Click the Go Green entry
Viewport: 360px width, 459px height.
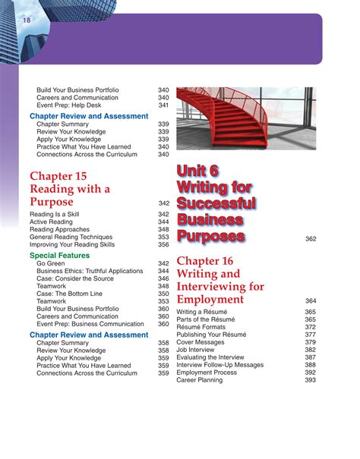52,263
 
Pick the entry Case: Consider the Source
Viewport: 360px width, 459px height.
75,279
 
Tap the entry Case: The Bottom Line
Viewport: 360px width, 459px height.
69,294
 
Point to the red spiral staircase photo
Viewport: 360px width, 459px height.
246,118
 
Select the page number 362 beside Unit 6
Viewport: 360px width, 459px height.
311,239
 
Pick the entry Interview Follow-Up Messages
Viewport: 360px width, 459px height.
220,365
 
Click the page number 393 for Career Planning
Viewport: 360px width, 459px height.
311,380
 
